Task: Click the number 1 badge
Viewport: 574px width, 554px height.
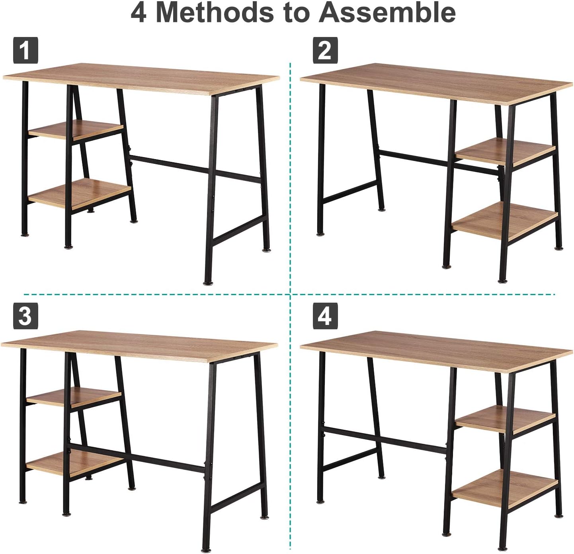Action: (x=25, y=50)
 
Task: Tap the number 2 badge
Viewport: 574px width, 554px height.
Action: (x=325, y=50)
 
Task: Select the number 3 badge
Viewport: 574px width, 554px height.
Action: (x=25, y=316)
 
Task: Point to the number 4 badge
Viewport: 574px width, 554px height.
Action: (x=325, y=316)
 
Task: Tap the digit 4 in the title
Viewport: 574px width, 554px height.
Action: (x=139, y=13)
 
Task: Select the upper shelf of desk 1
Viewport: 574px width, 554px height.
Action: (x=76, y=130)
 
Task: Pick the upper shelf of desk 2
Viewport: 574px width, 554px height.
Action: (x=505, y=152)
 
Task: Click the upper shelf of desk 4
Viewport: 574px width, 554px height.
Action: (x=505, y=419)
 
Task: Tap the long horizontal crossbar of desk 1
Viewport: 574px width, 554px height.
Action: (x=195, y=167)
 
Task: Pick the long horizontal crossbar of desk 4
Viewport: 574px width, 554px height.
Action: (x=383, y=440)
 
